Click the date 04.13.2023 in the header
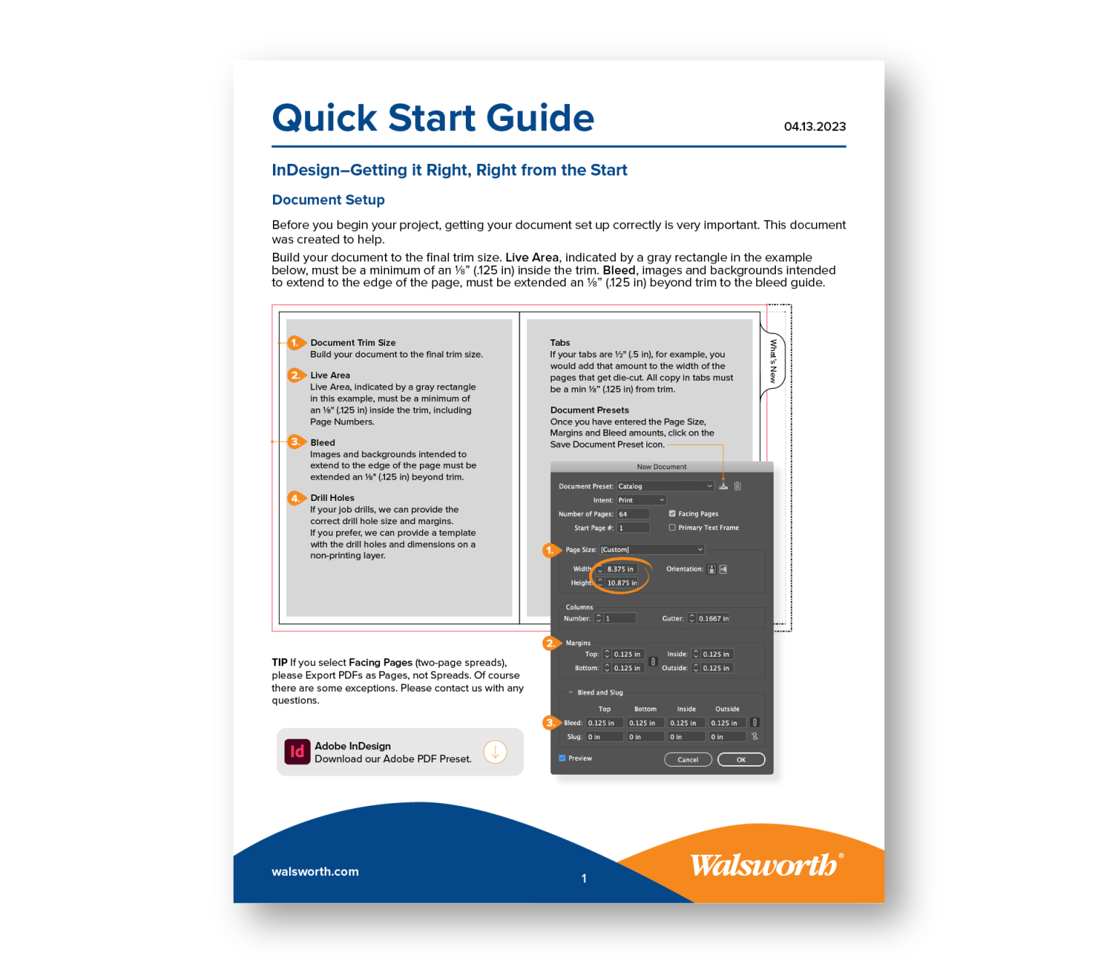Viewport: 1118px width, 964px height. (x=814, y=127)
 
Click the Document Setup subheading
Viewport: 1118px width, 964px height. (x=328, y=200)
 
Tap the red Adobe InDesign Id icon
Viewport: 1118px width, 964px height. (x=297, y=751)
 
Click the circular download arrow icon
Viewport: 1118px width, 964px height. (x=495, y=751)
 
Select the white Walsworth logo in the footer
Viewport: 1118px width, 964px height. (x=766, y=865)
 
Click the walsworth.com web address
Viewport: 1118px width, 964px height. (x=315, y=872)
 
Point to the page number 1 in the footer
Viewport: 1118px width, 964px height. (x=584, y=879)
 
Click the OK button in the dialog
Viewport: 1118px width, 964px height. (x=741, y=759)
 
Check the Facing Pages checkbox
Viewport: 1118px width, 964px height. (x=673, y=513)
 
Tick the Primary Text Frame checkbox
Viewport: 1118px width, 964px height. (x=673, y=527)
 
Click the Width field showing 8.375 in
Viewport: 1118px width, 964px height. (x=621, y=569)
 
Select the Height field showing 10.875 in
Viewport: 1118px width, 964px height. (x=622, y=582)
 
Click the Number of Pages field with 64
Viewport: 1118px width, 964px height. (x=633, y=514)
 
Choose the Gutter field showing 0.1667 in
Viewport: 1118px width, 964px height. (x=713, y=618)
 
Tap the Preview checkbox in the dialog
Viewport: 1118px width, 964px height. (x=563, y=758)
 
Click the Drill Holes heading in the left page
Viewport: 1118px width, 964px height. (x=333, y=498)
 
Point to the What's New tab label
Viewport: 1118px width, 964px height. (x=773, y=361)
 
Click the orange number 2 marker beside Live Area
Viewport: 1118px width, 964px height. (x=296, y=375)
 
